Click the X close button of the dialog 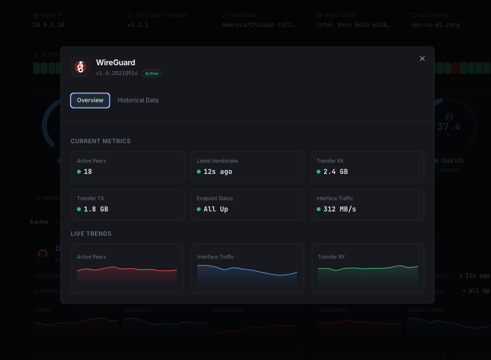tap(422, 58)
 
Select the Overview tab tap(90, 100)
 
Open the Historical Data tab tap(138, 100)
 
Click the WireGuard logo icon tap(80, 67)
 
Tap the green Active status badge tap(151, 74)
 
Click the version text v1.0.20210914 tap(117, 74)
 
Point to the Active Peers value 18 tap(88, 171)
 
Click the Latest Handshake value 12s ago tap(218, 171)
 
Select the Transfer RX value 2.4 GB tap(336, 171)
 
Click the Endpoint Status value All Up tap(216, 209)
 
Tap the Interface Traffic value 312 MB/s tap(340, 209)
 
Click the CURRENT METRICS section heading tap(101, 141)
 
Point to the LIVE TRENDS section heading tap(91, 234)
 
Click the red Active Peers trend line tap(127, 268)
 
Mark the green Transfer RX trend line tap(368, 268)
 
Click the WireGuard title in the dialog tap(115, 62)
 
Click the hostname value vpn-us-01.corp tap(435, 25)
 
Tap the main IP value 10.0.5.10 tap(49, 25)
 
